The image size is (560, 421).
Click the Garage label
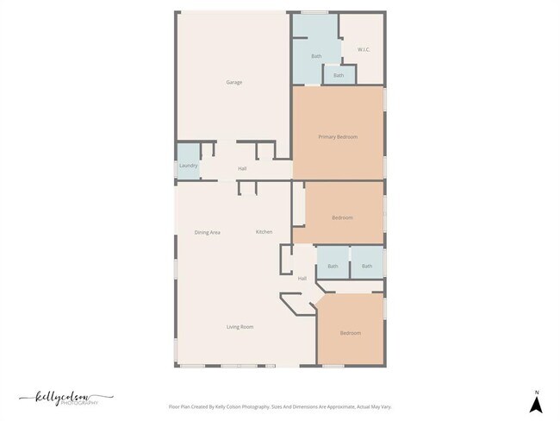click(x=233, y=83)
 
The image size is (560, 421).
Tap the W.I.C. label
click(x=364, y=49)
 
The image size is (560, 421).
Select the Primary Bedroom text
click(x=338, y=137)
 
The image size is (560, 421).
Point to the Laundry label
click(x=189, y=166)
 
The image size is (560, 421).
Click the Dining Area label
click(x=208, y=232)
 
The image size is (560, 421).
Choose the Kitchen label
click(x=264, y=232)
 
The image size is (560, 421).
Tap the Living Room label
click(x=240, y=327)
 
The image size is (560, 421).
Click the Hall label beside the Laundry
click(x=243, y=168)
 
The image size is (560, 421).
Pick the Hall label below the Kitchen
click(x=302, y=279)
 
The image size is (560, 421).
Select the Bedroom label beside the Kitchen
click(x=342, y=217)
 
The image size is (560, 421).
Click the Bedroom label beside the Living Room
click(x=350, y=333)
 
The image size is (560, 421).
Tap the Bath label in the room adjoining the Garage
click(x=316, y=56)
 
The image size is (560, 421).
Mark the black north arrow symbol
click(x=536, y=403)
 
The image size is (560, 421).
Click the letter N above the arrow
click(x=536, y=389)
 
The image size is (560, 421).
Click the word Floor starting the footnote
click(x=173, y=405)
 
